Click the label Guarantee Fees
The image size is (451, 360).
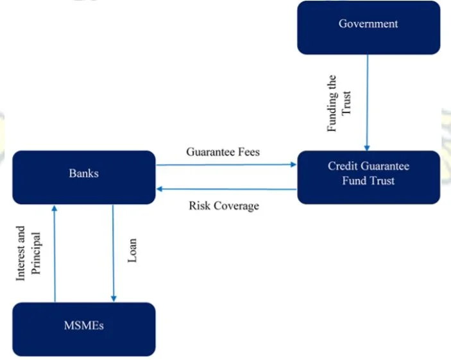(x=223, y=152)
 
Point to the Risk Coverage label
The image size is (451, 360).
(x=223, y=205)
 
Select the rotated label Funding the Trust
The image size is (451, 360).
(x=339, y=102)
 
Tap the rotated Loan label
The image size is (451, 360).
(x=133, y=252)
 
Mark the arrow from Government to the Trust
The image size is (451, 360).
(x=368, y=103)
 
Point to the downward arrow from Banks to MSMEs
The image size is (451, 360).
(x=114, y=253)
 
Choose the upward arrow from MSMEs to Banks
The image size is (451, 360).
(x=55, y=253)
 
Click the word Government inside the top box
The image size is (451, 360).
(x=368, y=24)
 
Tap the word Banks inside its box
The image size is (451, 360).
(x=84, y=173)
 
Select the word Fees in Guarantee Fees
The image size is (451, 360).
(x=247, y=152)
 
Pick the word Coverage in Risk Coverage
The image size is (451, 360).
(x=235, y=205)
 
